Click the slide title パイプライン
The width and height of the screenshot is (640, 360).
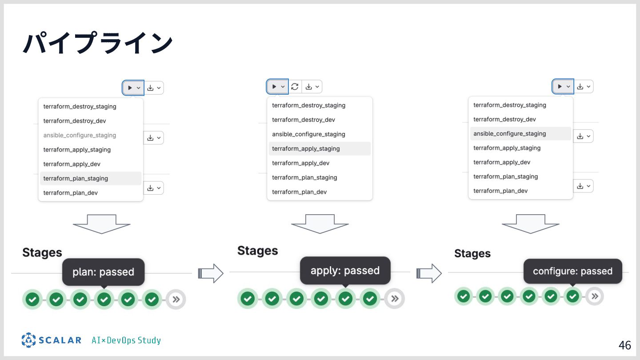click(x=98, y=44)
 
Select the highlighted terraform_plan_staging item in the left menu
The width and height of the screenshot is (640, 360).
click(x=76, y=178)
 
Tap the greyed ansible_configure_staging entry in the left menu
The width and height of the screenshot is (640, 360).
click(x=80, y=135)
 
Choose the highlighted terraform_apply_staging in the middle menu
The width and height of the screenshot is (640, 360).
click(x=306, y=148)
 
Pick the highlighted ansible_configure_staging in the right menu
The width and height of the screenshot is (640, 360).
click(x=509, y=133)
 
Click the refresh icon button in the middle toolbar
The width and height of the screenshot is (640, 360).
click(x=295, y=87)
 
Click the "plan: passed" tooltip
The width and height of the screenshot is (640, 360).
click(x=103, y=272)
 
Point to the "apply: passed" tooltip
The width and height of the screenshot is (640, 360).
click(x=345, y=271)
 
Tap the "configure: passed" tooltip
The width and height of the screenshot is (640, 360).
click(x=572, y=271)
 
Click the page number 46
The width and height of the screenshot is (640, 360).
click(x=624, y=345)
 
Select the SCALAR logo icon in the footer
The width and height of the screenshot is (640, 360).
click(x=28, y=340)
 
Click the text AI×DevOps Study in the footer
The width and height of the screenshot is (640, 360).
click(x=126, y=340)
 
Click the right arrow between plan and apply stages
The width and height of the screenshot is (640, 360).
click(x=210, y=273)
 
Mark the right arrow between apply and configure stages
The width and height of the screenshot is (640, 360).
click(x=429, y=273)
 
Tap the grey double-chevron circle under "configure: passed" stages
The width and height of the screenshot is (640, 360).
click(x=595, y=296)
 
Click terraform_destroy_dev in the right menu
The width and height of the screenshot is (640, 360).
click(x=504, y=119)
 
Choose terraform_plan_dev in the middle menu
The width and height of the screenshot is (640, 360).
click(x=299, y=192)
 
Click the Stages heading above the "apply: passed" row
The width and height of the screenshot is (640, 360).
click(x=257, y=251)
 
